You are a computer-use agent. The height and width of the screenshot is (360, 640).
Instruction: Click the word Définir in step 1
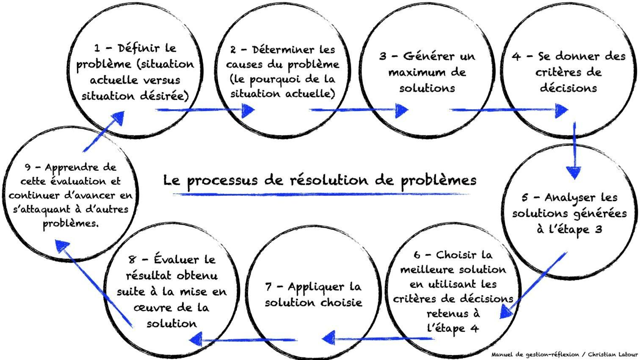tap(135, 48)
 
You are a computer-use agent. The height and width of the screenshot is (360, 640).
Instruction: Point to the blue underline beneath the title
tap(322, 194)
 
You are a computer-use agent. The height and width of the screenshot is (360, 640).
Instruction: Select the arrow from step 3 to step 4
tap(508, 110)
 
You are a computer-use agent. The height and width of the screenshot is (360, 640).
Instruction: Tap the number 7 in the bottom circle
tap(268, 287)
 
